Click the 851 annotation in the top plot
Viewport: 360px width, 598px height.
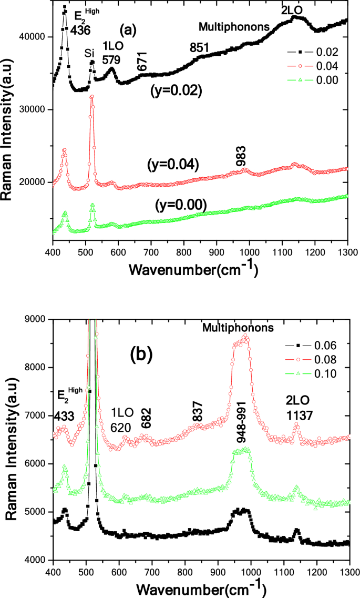(200, 47)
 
